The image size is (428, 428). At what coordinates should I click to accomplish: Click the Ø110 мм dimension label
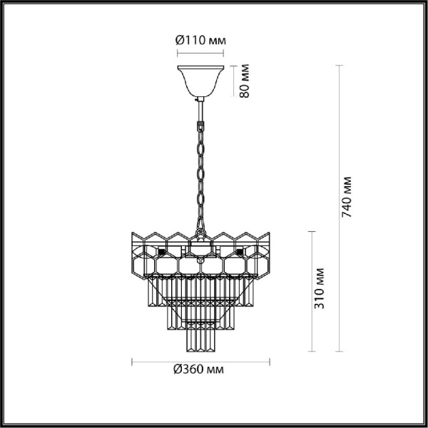[200, 40]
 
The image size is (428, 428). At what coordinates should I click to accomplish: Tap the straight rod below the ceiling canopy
[200, 110]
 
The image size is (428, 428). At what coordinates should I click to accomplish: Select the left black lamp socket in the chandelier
[163, 252]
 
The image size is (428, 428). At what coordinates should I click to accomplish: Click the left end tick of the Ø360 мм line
[133, 360]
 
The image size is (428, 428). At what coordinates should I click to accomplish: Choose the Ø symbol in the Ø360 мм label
[177, 370]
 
